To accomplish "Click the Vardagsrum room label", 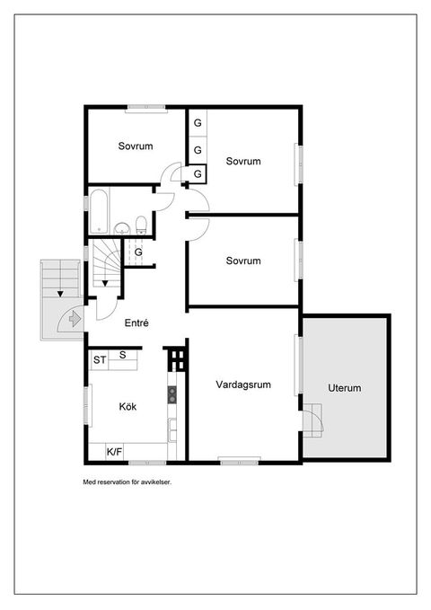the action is [243, 385].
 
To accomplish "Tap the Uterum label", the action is [344, 388].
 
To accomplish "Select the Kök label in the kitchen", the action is [128, 407].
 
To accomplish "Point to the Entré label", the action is [136, 323].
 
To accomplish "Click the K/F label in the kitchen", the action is [114, 452].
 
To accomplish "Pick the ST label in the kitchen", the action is [99, 360].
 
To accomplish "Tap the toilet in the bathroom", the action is [141, 225].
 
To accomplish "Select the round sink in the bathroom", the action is [122, 228].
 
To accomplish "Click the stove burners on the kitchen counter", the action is [172, 395].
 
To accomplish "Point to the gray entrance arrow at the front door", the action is [75, 320].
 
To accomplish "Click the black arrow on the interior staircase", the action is [105, 284].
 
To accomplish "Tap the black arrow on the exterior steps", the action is [60, 294].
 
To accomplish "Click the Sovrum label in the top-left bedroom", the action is [136, 146].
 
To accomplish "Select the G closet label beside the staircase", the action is [138, 252].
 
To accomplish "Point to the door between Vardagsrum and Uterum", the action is [313, 421].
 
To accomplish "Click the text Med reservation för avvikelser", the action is [128, 482].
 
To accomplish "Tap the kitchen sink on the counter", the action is [172, 430].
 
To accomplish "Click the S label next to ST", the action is [122, 355].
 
